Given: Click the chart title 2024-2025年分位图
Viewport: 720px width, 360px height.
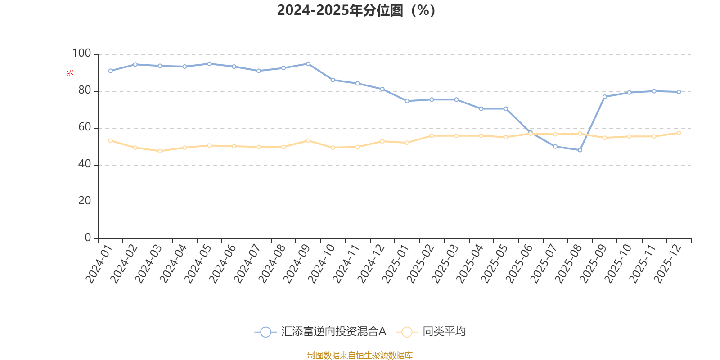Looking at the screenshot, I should (x=355, y=10).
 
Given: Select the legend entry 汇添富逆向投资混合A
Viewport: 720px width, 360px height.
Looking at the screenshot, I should (x=320, y=332).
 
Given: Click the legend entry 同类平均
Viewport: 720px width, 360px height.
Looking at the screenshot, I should (x=431, y=332).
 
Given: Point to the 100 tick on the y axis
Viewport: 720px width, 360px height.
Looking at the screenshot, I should (x=81, y=54).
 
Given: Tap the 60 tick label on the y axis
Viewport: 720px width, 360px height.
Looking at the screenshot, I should (x=85, y=127).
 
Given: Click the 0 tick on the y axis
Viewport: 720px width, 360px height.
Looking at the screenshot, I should (x=88, y=238).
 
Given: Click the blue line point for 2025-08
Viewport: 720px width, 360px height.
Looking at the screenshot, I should (x=580, y=150).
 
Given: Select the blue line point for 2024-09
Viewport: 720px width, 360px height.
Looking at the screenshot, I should (x=308, y=64).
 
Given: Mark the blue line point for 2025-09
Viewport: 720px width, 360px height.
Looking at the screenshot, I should (x=605, y=97).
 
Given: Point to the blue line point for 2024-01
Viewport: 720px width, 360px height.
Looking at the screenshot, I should (x=111, y=71).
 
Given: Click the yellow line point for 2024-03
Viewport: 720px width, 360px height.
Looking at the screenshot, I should (x=160, y=151).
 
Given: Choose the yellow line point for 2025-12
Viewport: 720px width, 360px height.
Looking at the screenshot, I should (x=679, y=133).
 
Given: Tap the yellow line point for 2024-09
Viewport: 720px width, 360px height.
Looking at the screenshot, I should (x=308, y=141).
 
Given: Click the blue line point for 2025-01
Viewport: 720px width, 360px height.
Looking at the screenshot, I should (x=407, y=101).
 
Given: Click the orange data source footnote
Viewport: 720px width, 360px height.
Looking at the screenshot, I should (x=360, y=355).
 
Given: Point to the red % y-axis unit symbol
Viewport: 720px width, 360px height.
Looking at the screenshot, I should (x=70, y=73).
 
